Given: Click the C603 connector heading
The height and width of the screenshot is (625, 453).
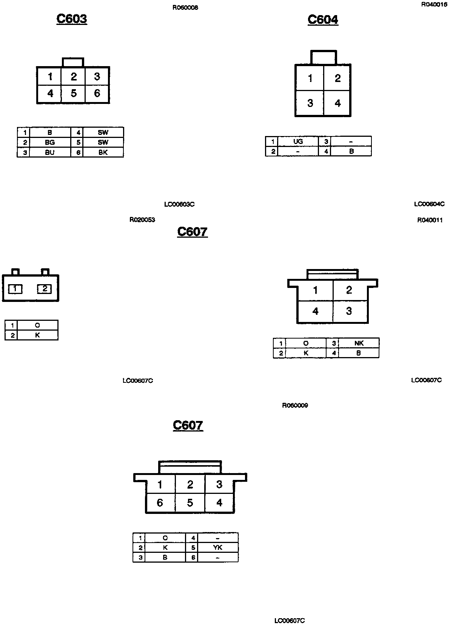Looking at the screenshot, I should tap(72, 19).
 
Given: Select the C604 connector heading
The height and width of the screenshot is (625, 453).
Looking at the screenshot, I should tap(323, 20).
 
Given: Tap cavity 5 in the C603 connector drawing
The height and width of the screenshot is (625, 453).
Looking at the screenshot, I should tap(74, 93).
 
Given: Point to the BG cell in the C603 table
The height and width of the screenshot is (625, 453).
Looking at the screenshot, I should tap(50, 142).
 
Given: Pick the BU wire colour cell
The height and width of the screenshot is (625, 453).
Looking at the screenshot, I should tap(50, 153).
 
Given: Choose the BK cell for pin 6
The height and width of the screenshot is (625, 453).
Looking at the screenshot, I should tap(103, 153).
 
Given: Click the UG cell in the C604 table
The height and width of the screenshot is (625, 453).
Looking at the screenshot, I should tap(298, 141).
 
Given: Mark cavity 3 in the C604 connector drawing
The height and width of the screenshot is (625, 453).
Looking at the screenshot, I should tap(310, 103).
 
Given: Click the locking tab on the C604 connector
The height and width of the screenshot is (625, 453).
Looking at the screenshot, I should tap(323, 57).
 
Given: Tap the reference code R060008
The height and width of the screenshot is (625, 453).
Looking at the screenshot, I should tap(185, 8).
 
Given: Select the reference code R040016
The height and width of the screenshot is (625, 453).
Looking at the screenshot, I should tap(434, 5).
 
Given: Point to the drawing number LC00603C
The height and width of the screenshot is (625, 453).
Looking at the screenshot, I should tap(179, 204).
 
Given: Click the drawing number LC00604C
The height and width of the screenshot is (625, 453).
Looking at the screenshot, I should tap(429, 204).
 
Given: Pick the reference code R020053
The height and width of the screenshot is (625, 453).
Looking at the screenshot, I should tap(142, 220).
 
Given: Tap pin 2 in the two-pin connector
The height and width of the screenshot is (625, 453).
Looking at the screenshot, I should tap(45, 289).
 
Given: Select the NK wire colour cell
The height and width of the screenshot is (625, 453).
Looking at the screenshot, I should tap(359, 343).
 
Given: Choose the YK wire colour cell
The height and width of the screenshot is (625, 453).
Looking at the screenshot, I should tap(218, 548).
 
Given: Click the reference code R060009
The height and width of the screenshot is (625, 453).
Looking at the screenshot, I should tap(295, 405).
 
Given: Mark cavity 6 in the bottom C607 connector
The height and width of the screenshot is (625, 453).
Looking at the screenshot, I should tap(160, 503).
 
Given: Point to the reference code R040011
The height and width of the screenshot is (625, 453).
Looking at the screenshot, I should tap(430, 220).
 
